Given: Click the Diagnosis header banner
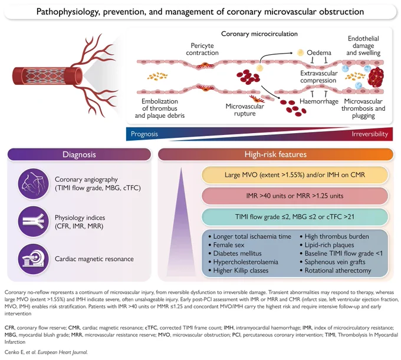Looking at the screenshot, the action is pos(79,154).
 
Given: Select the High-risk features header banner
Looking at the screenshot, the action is pos(275,154).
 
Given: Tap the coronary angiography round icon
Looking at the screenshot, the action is pos(34,183).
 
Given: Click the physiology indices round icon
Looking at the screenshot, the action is pos(34,222).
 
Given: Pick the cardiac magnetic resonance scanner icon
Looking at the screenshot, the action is pos(34,259).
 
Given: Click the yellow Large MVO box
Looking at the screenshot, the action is pos(295,175).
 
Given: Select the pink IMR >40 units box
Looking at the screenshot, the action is pos(295,196).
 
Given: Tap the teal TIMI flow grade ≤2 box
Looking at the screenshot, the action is pos(295,217).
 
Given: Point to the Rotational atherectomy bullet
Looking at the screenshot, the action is pos(336,270).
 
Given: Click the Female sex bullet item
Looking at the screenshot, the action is pos(226,245).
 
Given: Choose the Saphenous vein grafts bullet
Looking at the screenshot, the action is pos(333,262).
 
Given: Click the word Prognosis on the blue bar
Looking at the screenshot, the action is pos(144,134).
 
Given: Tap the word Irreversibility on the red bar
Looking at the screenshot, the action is pos(370,134).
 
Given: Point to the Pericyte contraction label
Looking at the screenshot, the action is pos(202,49).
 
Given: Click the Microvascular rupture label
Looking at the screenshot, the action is pos(245,110).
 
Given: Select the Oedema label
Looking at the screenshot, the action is pos(319,52).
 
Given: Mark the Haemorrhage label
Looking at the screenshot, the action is pos(319,101).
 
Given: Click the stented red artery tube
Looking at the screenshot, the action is pos(48,75).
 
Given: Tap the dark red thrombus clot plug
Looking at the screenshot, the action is pos(376,77).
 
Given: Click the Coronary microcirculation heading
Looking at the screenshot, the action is pos(259,34).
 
